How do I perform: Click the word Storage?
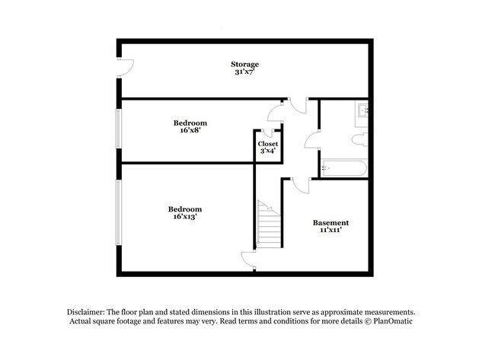pos(245,64)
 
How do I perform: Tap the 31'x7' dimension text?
pos(245,72)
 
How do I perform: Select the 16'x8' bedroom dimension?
pos(190,130)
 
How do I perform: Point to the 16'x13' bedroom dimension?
pos(185,217)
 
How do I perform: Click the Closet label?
pos(267,143)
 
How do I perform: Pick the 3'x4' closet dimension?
pos(267,151)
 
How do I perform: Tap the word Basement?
pos(331,222)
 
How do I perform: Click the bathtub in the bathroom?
pos(345,168)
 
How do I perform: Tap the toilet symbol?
pos(360,138)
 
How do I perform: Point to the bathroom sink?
pos(362,113)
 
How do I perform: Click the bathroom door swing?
pos(312,139)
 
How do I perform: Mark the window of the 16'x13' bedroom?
pos(118,212)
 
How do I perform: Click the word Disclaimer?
pos(88,312)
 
